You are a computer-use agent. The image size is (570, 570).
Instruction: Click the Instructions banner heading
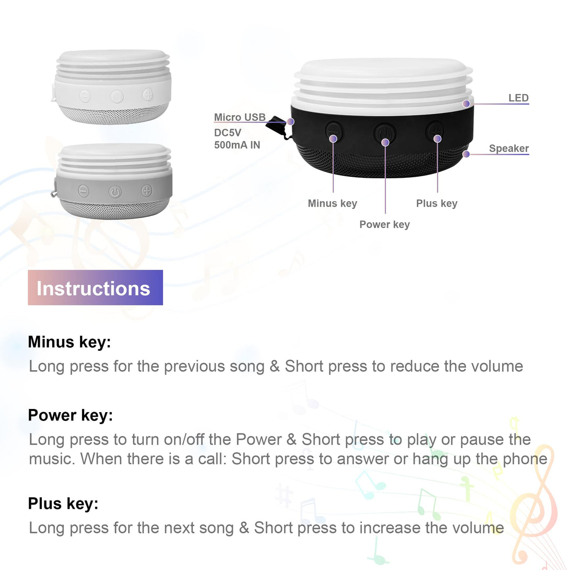click(x=95, y=288)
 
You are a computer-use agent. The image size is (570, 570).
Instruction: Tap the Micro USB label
click(x=240, y=117)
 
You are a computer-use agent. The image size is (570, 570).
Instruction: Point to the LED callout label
click(x=518, y=98)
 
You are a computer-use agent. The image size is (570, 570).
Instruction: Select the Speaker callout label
click(x=509, y=149)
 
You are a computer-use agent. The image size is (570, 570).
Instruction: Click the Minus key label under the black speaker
click(x=332, y=203)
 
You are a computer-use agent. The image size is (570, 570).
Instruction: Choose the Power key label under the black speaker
click(x=384, y=224)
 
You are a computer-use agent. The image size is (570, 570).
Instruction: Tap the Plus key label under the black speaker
click(x=437, y=203)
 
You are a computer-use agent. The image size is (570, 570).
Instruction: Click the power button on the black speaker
click(x=384, y=133)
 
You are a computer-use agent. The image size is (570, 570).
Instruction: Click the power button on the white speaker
click(x=117, y=97)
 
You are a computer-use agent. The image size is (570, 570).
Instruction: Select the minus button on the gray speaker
click(x=84, y=191)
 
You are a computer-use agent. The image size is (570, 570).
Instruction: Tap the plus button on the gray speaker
click(x=146, y=190)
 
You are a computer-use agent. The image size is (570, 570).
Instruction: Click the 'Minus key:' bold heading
click(x=70, y=342)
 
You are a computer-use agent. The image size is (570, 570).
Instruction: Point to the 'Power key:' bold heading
click(x=71, y=415)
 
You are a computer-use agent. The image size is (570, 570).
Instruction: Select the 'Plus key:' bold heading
click(x=63, y=504)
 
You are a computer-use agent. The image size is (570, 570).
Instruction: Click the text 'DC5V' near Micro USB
click(x=227, y=133)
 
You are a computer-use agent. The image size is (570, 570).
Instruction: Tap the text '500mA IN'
click(x=237, y=145)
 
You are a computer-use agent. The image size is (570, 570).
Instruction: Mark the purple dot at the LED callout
click(x=466, y=104)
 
